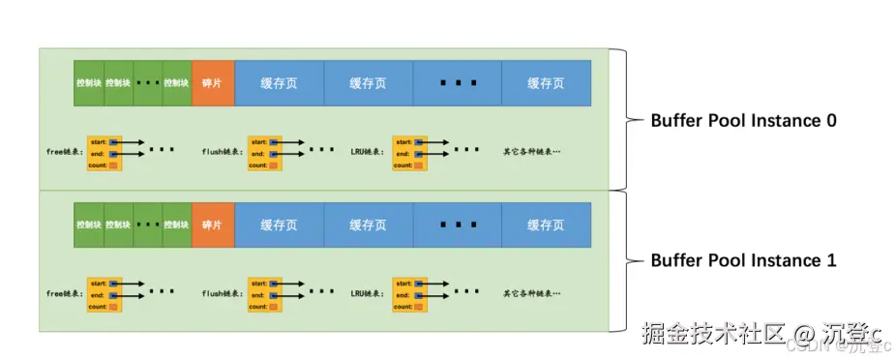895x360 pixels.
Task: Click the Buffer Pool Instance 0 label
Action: (x=743, y=121)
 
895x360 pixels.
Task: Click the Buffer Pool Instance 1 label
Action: (x=743, y=260)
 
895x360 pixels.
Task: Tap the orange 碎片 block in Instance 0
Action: (x=213, y=83)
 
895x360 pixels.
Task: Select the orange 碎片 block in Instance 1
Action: (x=213, y=225)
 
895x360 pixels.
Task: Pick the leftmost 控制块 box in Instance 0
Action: (x=89, y=83)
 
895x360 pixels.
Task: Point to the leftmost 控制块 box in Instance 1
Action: (x=89, y=225)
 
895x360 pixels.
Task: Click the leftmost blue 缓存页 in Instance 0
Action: (x=279, y=83)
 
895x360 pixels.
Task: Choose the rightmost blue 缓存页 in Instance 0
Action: (x=546, y=83)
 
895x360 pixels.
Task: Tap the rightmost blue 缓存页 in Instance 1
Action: (x=546, y=225)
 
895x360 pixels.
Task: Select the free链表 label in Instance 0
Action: (x=65, y=152)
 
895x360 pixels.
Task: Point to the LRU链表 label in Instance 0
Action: (x=369, y=152)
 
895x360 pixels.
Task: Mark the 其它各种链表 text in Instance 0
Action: (x=532, y=152)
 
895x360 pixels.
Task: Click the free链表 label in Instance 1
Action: (x=65, y=293)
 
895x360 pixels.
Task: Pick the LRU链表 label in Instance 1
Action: (x=369, y=293)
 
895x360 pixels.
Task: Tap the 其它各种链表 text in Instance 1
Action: (x=532, y=293)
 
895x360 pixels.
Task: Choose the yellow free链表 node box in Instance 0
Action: (x=104, y=153)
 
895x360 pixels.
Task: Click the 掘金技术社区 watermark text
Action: (x=708, y=334)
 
